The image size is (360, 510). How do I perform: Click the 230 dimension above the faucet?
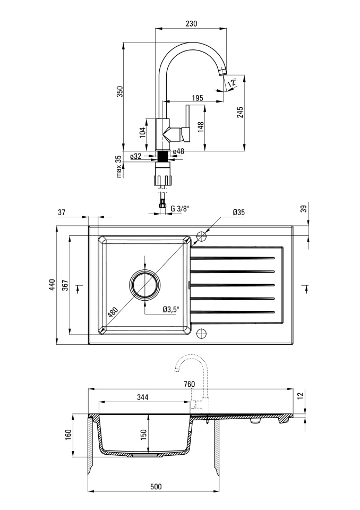191,24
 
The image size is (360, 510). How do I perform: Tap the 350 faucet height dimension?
120,91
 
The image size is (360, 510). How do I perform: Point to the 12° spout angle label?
232,82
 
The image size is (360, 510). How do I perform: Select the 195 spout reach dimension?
198,98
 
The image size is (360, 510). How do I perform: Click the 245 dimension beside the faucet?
240,112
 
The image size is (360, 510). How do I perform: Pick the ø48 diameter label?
178,151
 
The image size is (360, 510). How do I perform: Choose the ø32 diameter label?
135,156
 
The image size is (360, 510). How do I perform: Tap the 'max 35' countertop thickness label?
118,166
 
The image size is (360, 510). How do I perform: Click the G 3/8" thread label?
179,208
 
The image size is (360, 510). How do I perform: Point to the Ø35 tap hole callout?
239,212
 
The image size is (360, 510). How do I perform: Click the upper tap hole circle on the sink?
202,236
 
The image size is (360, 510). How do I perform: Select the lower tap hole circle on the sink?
202,333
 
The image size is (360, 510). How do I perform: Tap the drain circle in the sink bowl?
145,285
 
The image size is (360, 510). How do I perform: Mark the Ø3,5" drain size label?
171,310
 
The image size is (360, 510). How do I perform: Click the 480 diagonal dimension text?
113,312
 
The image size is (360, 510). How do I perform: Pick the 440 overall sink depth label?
53,285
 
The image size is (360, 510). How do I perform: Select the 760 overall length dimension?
189,384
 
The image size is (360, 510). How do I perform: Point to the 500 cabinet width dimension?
156,487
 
